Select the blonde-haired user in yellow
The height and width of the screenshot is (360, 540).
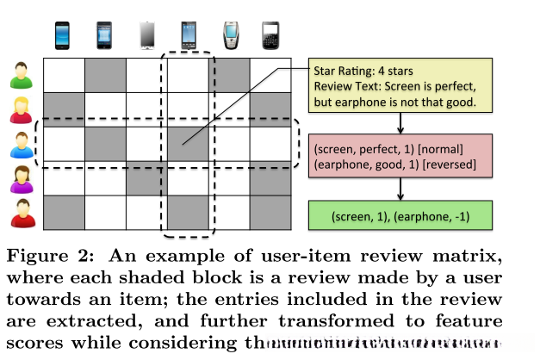(20, 109)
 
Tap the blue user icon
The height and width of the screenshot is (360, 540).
(20, 144)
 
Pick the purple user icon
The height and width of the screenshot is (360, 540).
(20, 179)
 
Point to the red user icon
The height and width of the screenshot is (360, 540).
(20, 213)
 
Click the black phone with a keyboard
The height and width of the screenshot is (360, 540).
(272, 35)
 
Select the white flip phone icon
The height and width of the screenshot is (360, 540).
(231, 35)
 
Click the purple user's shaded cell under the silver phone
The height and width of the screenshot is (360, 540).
(147, 179)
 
